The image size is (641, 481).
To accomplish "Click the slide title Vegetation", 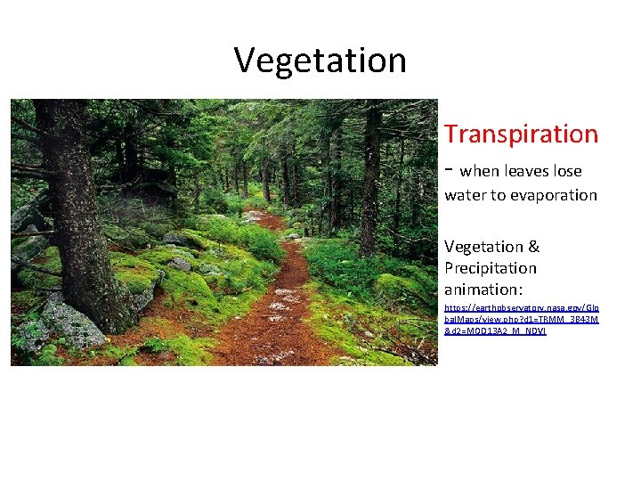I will coord(320,61).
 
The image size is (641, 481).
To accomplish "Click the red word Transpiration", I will coord(521,135).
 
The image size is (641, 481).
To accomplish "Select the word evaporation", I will coord(553,195).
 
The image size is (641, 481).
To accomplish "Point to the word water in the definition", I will coord(466,195).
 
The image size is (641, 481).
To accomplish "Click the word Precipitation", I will coord(491,268).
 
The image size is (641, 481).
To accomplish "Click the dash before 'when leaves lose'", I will coord(450,169).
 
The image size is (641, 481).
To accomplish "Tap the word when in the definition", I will coord(482,171).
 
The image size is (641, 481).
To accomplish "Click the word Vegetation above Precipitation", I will coord(484,247).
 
